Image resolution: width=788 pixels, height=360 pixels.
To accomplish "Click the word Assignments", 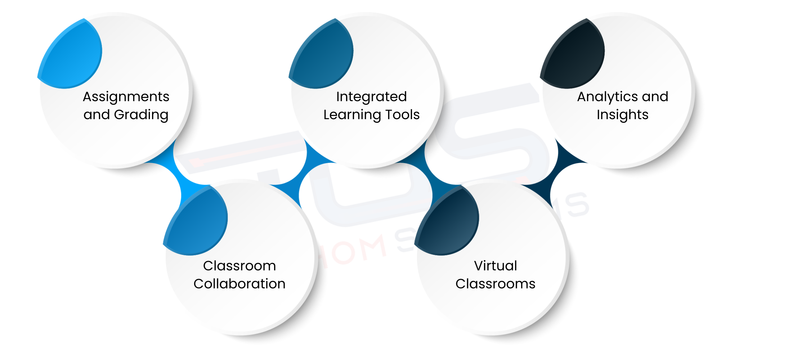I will coord(126,97).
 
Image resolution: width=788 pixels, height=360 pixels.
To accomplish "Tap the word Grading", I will coord(141,115).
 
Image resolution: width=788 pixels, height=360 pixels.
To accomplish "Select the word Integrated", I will coord(371,97).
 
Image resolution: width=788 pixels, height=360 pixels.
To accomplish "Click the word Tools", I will coord(402,115).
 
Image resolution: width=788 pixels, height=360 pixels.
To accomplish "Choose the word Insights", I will coord(622,115).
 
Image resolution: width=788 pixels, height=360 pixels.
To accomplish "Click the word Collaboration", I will coord(239,284).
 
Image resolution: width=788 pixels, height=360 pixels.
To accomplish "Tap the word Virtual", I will coord(495,266).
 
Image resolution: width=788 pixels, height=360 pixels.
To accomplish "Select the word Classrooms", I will coord(495,284).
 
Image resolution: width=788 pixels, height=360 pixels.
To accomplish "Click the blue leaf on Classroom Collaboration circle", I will coord(198,223).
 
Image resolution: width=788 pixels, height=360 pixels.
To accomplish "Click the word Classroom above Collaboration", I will coord(239,266).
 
